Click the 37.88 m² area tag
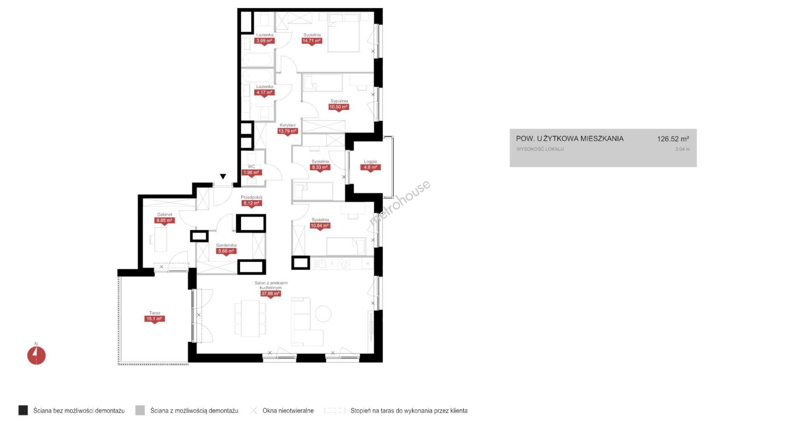click(271, 294)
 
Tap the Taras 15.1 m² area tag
click(155, 319)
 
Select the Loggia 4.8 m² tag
click(370, 167)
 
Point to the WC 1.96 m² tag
click(251, 172)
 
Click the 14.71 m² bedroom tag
click(312, 41)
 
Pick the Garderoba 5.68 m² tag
click(226, 252)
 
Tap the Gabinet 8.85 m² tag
click(164, 221)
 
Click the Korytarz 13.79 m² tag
click(287, 131)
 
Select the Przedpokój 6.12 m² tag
click(251, 203)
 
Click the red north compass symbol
click(36, 355)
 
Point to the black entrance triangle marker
click(223, 177)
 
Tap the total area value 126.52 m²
click(673, 139)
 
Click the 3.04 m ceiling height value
click(683, 149)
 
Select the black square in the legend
click(23, 410)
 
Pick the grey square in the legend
click(140, 410)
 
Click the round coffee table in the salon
click(323, 313)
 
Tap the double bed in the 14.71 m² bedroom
click(344, 33)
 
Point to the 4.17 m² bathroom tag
click(264, 93)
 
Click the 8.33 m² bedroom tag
click(320, 167)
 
